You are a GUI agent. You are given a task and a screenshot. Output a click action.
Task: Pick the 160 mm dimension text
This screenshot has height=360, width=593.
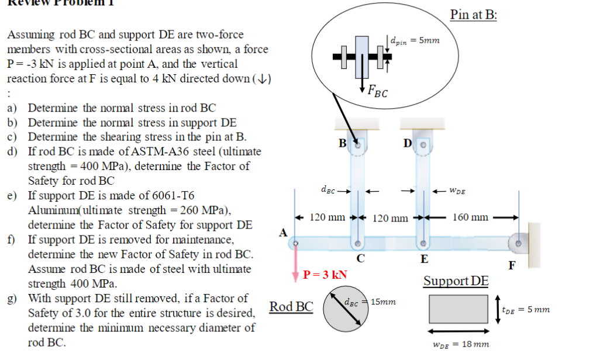(x=470, y=217)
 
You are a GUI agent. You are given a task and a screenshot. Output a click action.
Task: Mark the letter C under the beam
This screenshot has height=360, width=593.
(x=361, y=259)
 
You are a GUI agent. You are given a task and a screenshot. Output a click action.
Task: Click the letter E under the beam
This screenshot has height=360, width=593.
(x=424, y=259)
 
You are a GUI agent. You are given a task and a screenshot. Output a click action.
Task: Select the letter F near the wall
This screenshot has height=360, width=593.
(x=512, y=265)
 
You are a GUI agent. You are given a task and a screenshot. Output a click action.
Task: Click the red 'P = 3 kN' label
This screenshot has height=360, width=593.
(x=326, y=275)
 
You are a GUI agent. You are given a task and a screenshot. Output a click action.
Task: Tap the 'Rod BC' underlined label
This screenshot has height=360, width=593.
(x=291, y=306)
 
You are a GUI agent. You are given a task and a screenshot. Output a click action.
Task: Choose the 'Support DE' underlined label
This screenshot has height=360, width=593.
(x=456, y=281)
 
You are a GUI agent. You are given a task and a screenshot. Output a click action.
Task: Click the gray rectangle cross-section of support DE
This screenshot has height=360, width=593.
(x=458, y=309)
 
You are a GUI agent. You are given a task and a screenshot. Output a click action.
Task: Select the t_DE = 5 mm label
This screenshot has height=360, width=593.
(x=525, y=309)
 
